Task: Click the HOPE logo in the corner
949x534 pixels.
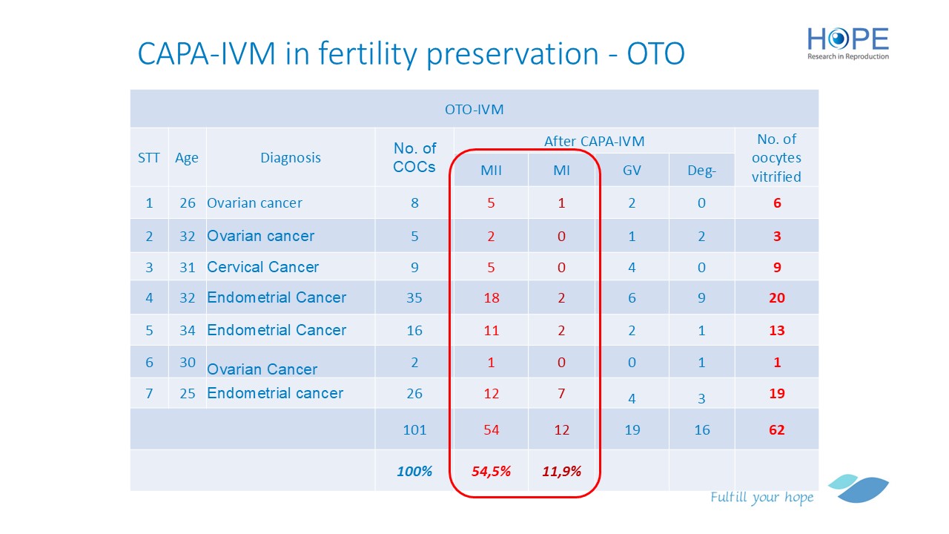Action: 847,43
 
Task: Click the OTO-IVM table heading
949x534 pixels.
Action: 474,110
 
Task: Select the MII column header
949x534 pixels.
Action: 491,171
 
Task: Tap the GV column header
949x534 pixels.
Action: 632,171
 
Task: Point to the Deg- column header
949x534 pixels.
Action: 701,171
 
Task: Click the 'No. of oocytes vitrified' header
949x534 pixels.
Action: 777,157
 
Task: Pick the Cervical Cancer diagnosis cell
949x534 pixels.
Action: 262,267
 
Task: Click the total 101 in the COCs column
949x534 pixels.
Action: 414,429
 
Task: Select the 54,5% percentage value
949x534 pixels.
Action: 491,470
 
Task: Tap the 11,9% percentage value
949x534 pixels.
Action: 561,470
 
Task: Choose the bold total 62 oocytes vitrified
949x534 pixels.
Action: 777,429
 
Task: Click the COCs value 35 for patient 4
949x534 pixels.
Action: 414,298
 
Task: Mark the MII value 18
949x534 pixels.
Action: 491,298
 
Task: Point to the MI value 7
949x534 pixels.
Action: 561,393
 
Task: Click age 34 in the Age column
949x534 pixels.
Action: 187,330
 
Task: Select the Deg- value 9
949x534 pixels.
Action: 701,298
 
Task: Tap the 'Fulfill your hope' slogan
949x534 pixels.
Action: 761,497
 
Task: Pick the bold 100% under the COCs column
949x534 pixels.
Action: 414,470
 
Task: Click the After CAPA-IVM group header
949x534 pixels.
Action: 594,141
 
